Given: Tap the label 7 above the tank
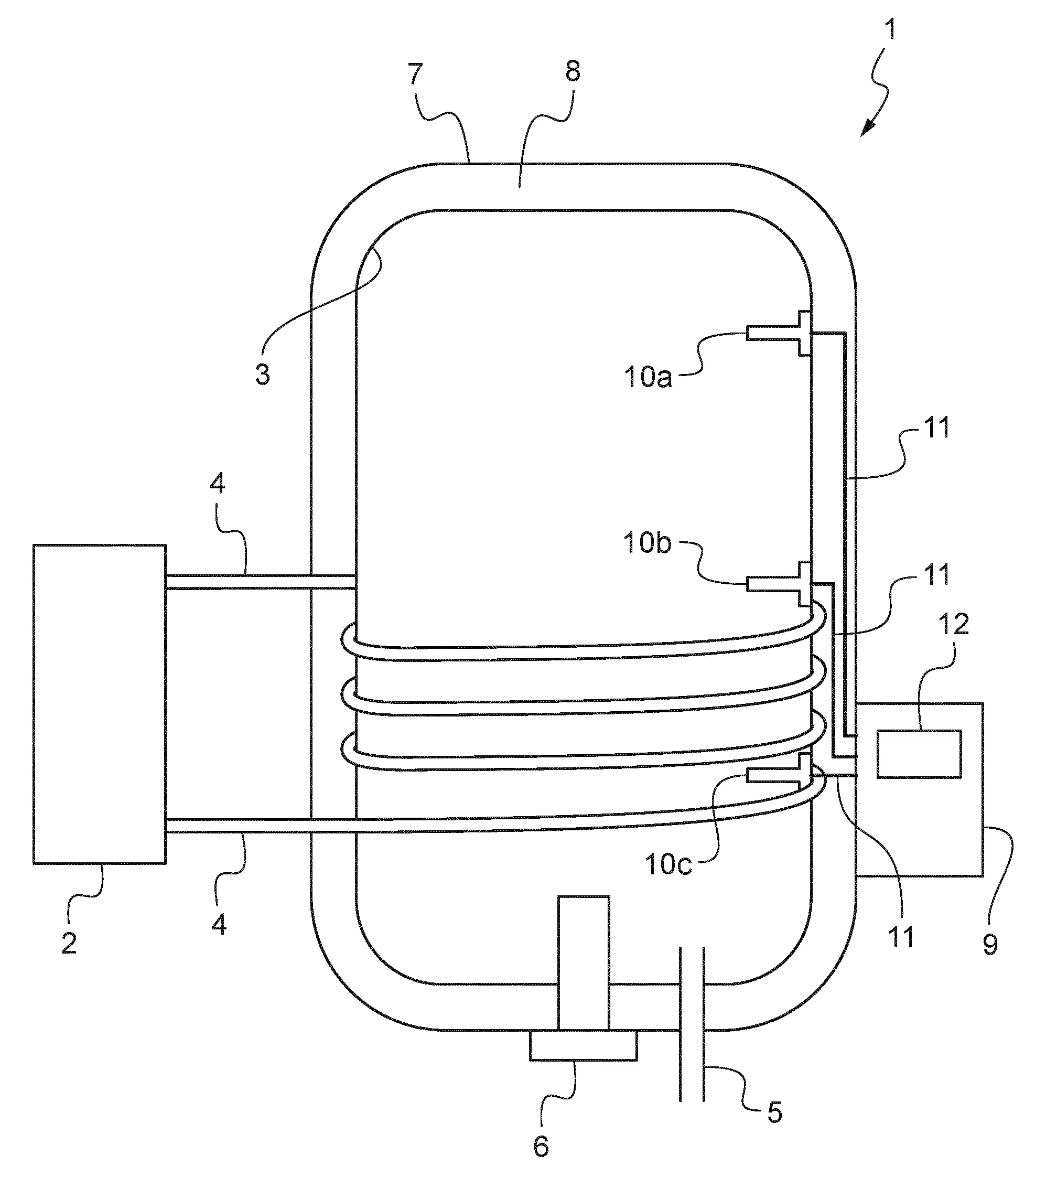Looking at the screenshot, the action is coord(415,73).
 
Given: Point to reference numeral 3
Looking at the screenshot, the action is coord(263,374).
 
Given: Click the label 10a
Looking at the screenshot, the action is coord(648,378).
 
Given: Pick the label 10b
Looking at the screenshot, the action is coord(648,542).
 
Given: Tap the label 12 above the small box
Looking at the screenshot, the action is coord(953,624).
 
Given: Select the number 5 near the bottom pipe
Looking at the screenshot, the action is coord(775,1112).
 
